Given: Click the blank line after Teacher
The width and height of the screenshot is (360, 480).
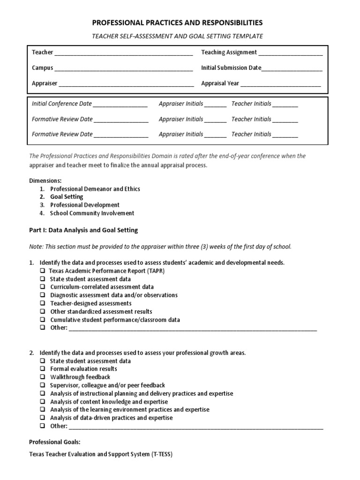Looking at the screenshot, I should [x=123, y=53].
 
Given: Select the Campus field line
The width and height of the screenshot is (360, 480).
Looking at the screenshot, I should [x=123, y=68].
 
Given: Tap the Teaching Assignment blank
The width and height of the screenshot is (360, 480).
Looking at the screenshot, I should [x=290, y=53].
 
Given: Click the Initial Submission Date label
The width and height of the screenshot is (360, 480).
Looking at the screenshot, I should [x=231, y=67].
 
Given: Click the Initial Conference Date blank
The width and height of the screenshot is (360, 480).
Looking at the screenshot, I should [x=120, y=105].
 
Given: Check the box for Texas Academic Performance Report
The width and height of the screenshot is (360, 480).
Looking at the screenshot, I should [x=42, y=271].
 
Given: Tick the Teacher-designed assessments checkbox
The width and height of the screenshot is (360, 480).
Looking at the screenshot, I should [x=42, y=303].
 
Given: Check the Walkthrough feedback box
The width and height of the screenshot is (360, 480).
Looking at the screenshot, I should [x=42, y=377].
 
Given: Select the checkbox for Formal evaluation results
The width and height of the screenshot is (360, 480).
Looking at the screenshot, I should [x=42, y=369].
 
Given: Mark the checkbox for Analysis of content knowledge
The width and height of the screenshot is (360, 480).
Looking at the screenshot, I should [x=42, y=402].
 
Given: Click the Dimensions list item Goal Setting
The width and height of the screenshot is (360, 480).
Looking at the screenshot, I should [x=67, y=197].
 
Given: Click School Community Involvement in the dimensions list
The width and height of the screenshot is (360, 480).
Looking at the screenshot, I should [x=92, y=213].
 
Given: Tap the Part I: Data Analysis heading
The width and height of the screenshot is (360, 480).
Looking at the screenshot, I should [x=83, y=230].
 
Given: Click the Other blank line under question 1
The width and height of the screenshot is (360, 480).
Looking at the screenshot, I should [x=193, y=329].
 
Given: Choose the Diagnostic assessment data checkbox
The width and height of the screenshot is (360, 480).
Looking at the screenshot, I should [x=42, y=295].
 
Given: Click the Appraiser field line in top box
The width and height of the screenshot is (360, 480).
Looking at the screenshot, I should [x=126, y=84].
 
